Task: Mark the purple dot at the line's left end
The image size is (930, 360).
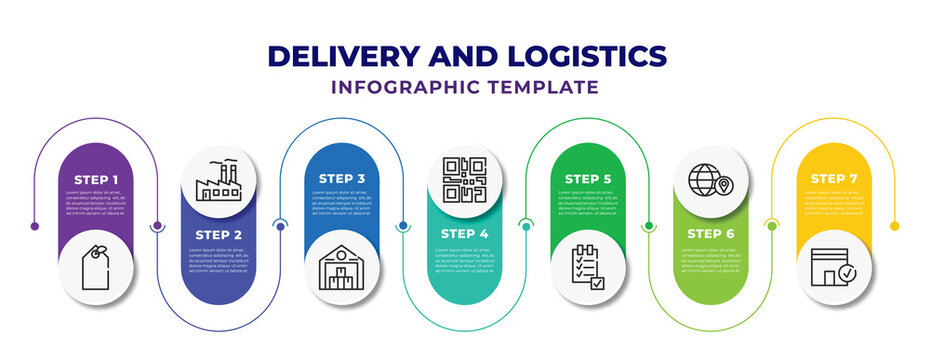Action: [x=35, y=226]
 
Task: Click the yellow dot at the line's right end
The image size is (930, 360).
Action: [x=895, y=225]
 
